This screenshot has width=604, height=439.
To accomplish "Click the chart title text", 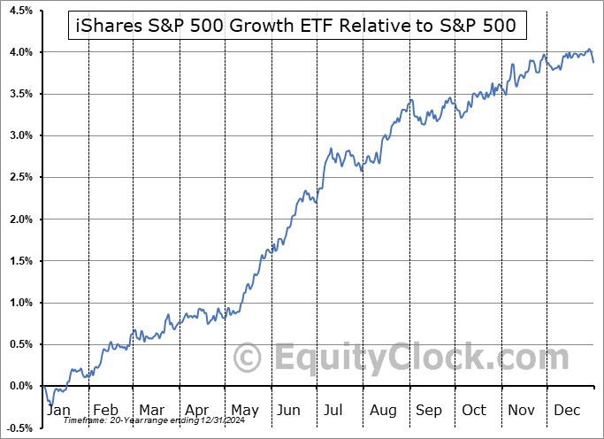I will [x=297, y=27].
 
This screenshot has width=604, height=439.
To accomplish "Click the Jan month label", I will [x=58, y=410].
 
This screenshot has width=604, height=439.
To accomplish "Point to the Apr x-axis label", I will [x=198, y=410].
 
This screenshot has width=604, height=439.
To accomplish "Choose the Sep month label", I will [x=429, y=410].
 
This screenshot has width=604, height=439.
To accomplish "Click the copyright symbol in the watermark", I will [x=248, y=358].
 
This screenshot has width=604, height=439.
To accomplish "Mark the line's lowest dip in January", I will [x=51, y=405].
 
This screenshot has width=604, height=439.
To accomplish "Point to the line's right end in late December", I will [x=593, y=62].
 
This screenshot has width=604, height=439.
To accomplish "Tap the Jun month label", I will [x=289, y=410].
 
